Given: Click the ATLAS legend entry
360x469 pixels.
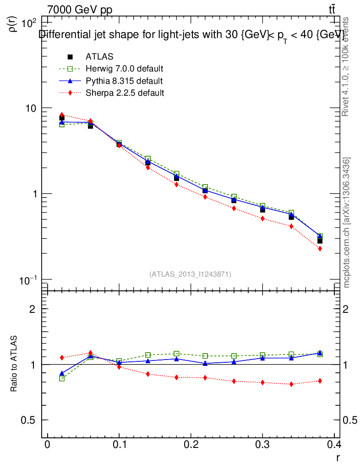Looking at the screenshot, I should (99, 57).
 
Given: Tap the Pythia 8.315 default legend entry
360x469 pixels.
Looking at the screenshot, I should (124, 81).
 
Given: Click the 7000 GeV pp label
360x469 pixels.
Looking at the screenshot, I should (80, 10).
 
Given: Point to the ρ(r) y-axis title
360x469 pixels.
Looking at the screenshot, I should (13, 23).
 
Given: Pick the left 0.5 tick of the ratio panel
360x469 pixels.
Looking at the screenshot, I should (29, 420).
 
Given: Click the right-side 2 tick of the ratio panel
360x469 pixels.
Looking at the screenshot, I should (348, 309).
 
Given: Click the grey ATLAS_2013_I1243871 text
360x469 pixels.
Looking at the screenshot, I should (190, 274).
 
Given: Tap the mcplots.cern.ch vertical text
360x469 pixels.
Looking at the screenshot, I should (347, 223).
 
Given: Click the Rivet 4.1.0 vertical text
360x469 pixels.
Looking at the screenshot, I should (346, 66).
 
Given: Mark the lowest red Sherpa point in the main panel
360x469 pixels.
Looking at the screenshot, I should (320, 249).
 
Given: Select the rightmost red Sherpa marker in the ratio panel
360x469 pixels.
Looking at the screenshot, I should (320, 381).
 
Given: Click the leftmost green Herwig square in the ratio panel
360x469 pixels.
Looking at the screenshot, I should (62, 378).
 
